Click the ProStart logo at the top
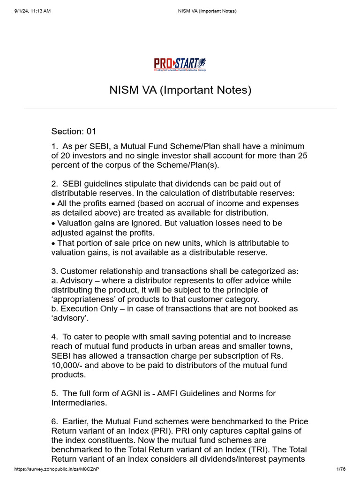point(180,64)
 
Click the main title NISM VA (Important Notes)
point(180,90)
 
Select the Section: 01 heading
point(74,131)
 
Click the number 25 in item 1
point(302,156)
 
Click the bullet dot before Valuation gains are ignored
point(53,223)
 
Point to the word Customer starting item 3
point(79,271)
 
